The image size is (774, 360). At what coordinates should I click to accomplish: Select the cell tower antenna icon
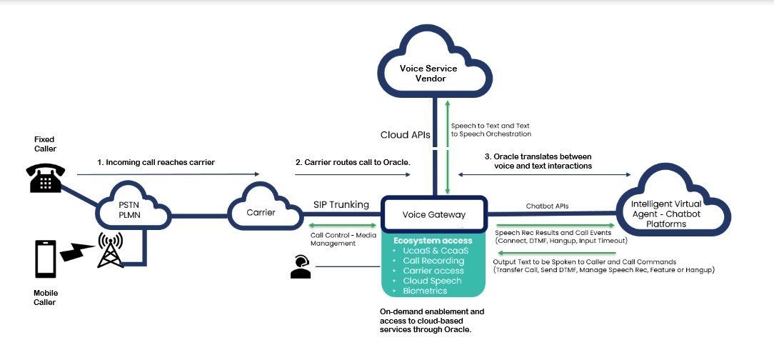(x=109, y=251)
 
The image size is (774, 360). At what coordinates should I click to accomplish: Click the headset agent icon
(x=300, y=266)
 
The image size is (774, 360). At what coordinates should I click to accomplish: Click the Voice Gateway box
(x=434, y=213)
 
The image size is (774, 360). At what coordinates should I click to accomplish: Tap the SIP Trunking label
(x=340, y=205)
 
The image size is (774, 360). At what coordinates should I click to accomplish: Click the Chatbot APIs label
(x=547, y=206)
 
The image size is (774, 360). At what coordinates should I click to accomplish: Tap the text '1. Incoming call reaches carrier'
(x=156, y=163)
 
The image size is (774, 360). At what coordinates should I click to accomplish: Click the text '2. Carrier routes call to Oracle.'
(x=353, y=163)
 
